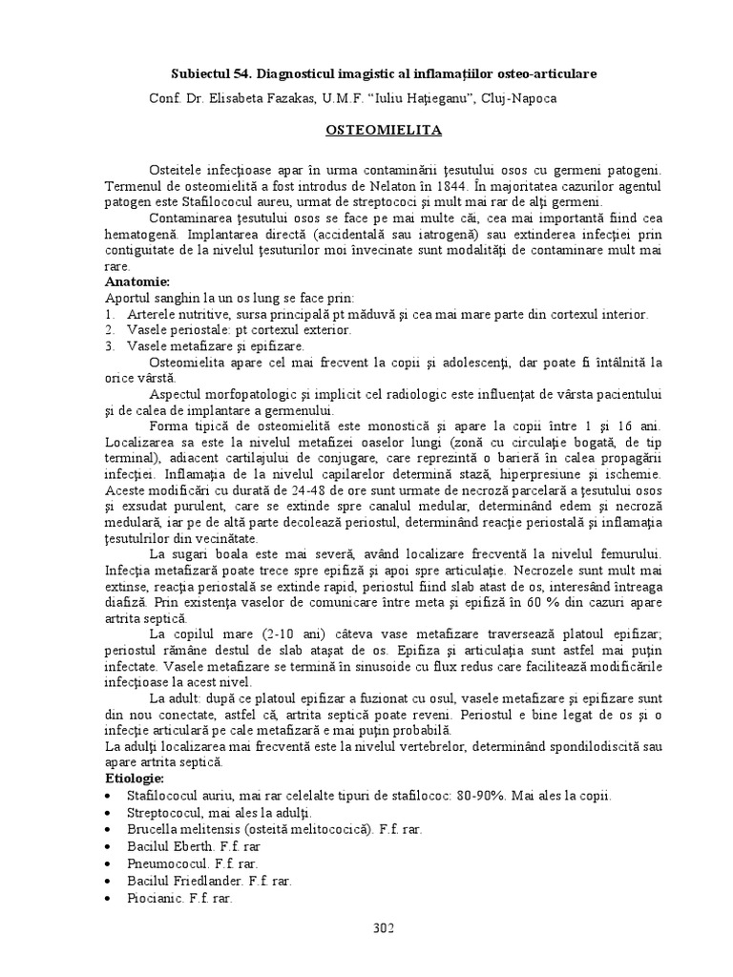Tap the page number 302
(x=382, y=927)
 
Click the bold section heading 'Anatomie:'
(x=137, y=283)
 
